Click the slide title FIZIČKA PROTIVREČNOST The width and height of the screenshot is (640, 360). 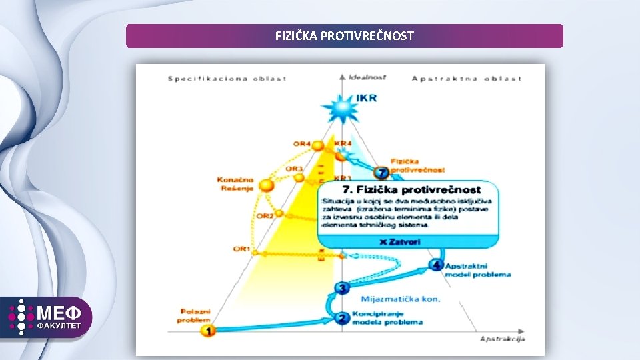[x=344, y=36]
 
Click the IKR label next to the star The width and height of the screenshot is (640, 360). [x=367, y=98]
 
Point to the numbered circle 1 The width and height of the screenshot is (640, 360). [x=208, y=330]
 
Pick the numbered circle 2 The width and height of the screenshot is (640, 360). [x=342, y=318]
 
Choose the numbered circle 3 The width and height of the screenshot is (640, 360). [x=342, y=288]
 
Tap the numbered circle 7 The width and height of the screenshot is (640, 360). [x=382, y=173]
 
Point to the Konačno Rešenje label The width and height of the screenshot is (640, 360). [x=235, y=184]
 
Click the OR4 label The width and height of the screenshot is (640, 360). [x=302, y=144]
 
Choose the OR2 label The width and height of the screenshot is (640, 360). [x=265, y=216]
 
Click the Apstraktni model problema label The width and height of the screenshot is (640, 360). [x=479, y=270]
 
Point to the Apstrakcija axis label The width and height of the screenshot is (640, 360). [x=503, y=339]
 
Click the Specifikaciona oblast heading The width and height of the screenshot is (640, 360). [x=227, y=79]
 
